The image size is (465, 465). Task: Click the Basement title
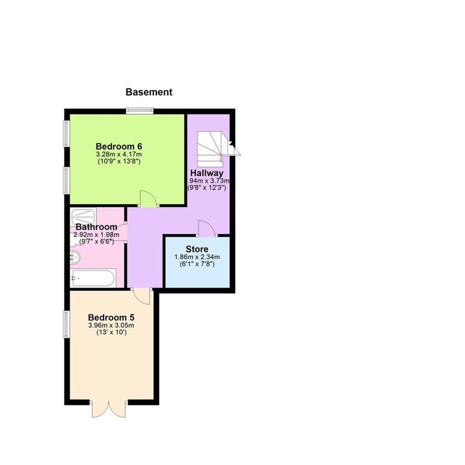149,92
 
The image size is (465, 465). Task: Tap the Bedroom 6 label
119,146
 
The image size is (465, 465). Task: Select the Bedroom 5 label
111,317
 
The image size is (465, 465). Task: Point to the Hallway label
207,173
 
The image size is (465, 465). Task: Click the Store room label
197,249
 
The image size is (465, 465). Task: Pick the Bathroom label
96,227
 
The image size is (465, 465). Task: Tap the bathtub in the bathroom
93,278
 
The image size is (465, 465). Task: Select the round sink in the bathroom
75,257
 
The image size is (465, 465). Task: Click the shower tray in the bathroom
83,217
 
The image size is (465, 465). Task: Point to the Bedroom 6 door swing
148,198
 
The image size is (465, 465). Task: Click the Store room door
207,228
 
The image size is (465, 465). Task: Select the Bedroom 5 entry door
142,296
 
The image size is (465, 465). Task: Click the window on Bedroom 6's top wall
139,111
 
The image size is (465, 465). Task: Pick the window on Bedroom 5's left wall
67,324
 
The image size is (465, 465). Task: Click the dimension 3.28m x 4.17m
119,155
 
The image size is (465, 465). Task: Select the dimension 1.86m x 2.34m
197,257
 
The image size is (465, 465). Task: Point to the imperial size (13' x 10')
111,332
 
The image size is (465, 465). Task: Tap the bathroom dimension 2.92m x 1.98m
96,235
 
